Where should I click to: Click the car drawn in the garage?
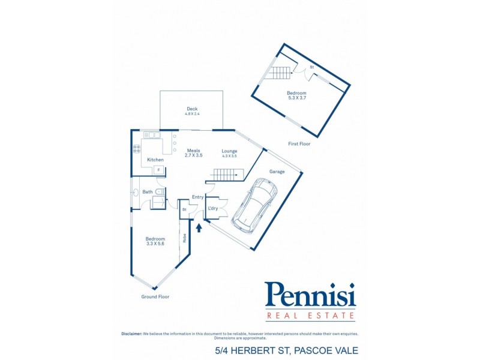click(x=254, y=205)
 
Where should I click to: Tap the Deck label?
click(x=191, y=109)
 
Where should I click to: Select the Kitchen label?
click(x=155, y=160)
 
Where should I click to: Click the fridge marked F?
click(x=158, y=170)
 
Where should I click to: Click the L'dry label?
click(x=212, y=208)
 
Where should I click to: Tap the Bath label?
click(x=148, y=192)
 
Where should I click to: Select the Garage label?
click(x=277, y=172)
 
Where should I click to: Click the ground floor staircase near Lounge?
click(x=226, y=175)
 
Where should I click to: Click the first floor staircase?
click(x=280, y=73)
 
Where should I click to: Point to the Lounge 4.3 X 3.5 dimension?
click(x=229, y=156)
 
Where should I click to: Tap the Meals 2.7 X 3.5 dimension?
click(x=194, y=155)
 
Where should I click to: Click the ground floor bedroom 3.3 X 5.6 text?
click(x=155, y=244)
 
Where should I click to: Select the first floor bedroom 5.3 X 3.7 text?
click(x=296, y=98)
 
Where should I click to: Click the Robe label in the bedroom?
click(x=184, y=238)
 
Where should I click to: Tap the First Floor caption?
click(x=299, y=144)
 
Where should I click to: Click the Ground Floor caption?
click(x=155, y=296)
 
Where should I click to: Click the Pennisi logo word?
click(x=310, y=295)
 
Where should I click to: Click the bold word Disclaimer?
click(x=131, y=333)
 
